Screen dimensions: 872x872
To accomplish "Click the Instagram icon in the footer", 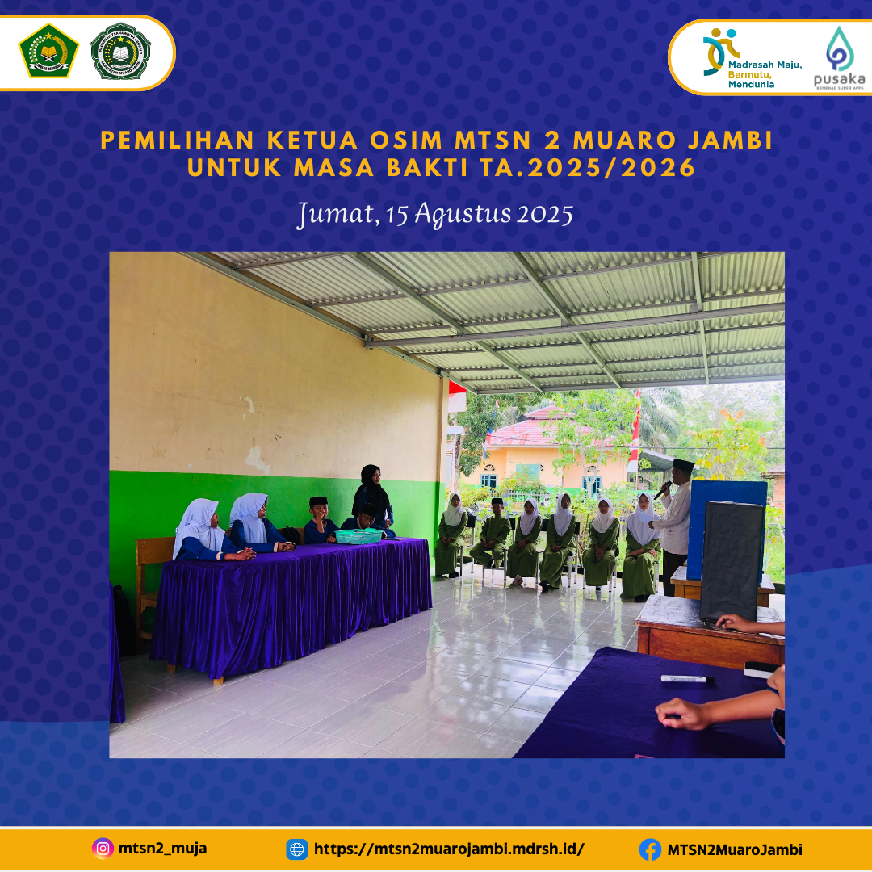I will [102, 849].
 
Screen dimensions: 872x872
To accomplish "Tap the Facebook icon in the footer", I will [649, 849].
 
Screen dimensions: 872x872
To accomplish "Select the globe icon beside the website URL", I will [297, 849].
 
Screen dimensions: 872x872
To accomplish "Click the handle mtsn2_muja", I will [162, 849].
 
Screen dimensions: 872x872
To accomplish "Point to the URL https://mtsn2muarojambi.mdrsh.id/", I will [448, 849].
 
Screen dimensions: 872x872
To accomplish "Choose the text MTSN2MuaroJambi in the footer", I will [734, 849].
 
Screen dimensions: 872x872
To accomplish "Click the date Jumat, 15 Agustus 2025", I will [435, 215].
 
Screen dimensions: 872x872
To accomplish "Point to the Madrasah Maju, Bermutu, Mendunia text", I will [763, 73].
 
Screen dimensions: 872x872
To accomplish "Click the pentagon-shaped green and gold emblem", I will [48, 51].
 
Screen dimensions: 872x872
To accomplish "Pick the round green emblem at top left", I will [120, 51].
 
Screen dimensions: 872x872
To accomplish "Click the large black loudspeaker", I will [732, 561].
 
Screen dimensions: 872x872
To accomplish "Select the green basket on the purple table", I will [358, 536].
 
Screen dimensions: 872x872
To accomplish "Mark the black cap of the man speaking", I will [683, 465].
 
